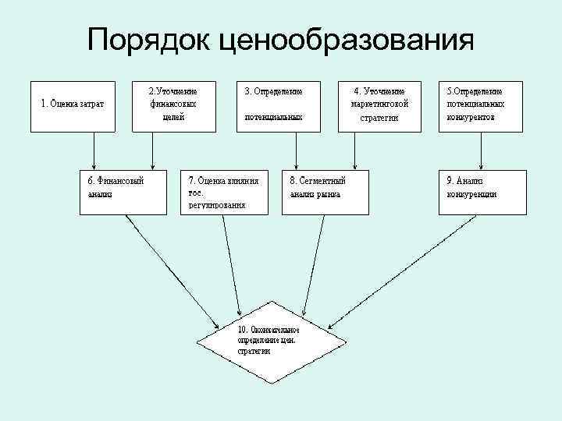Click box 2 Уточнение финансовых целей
tap(174, 104)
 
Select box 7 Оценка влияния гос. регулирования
tap(225, 190)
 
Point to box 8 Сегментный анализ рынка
tap(325, 190)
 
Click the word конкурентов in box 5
tap(471, 117)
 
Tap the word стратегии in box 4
tap(380, 119)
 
